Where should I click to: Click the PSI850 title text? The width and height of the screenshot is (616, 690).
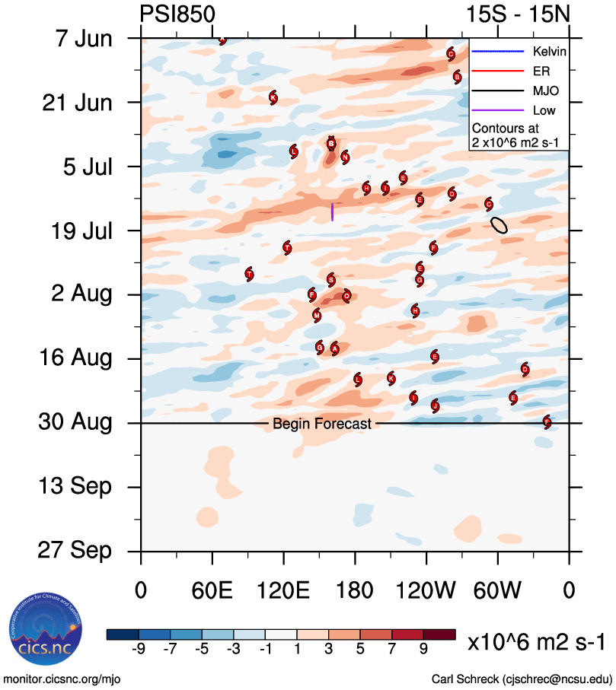(177, 14)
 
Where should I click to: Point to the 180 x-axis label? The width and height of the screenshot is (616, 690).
(355, 590)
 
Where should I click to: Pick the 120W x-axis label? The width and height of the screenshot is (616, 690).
(426, 590)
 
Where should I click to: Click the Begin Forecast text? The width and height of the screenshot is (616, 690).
(322, 424)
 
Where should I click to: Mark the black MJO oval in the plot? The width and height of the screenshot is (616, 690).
(499, 224)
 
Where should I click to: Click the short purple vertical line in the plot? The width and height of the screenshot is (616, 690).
(332, 211)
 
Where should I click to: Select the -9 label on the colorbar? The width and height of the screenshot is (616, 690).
(139, 648)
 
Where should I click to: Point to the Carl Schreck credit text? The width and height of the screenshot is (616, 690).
(522, 679)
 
